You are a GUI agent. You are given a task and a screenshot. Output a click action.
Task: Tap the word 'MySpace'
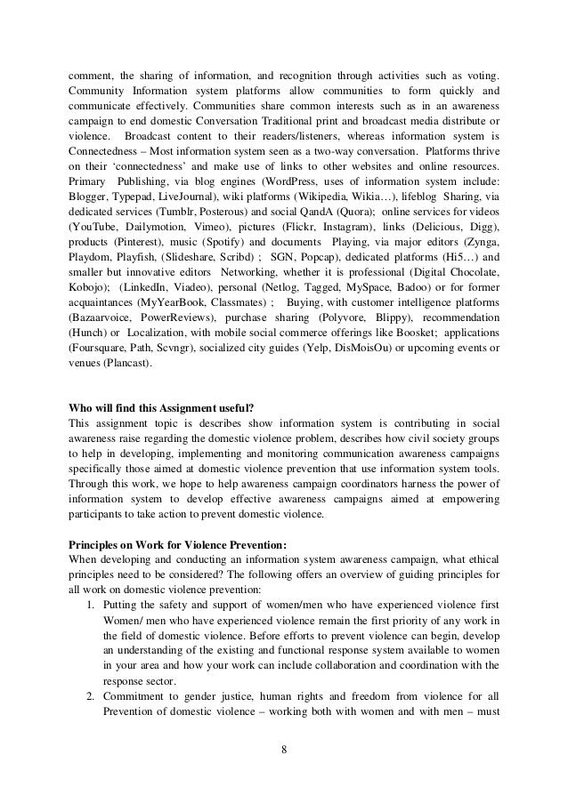point(351,315)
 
